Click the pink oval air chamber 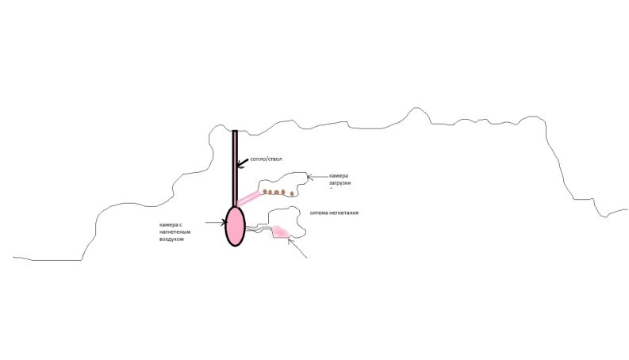click(235, 226)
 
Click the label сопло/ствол click(266, 159)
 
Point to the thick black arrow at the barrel click(242, 163)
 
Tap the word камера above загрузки click(339, 175)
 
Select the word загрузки click(339, 183)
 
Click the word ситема click(319, 213)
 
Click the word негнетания click(343, 213)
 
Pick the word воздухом click(171, 239)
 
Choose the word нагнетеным click(175, 232)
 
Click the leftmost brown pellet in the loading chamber click(265, 192)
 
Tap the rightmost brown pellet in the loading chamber click(292, 193)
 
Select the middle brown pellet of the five click(276, 193)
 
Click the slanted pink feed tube click(249, 198)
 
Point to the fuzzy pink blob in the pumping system click(281, 232)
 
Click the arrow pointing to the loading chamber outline click(318, 176)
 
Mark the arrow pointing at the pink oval click(216, 222)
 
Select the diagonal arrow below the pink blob click(297, 247)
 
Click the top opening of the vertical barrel click(235, 131)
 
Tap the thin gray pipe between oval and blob click(259, 229)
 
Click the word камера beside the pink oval click(168, 225)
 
